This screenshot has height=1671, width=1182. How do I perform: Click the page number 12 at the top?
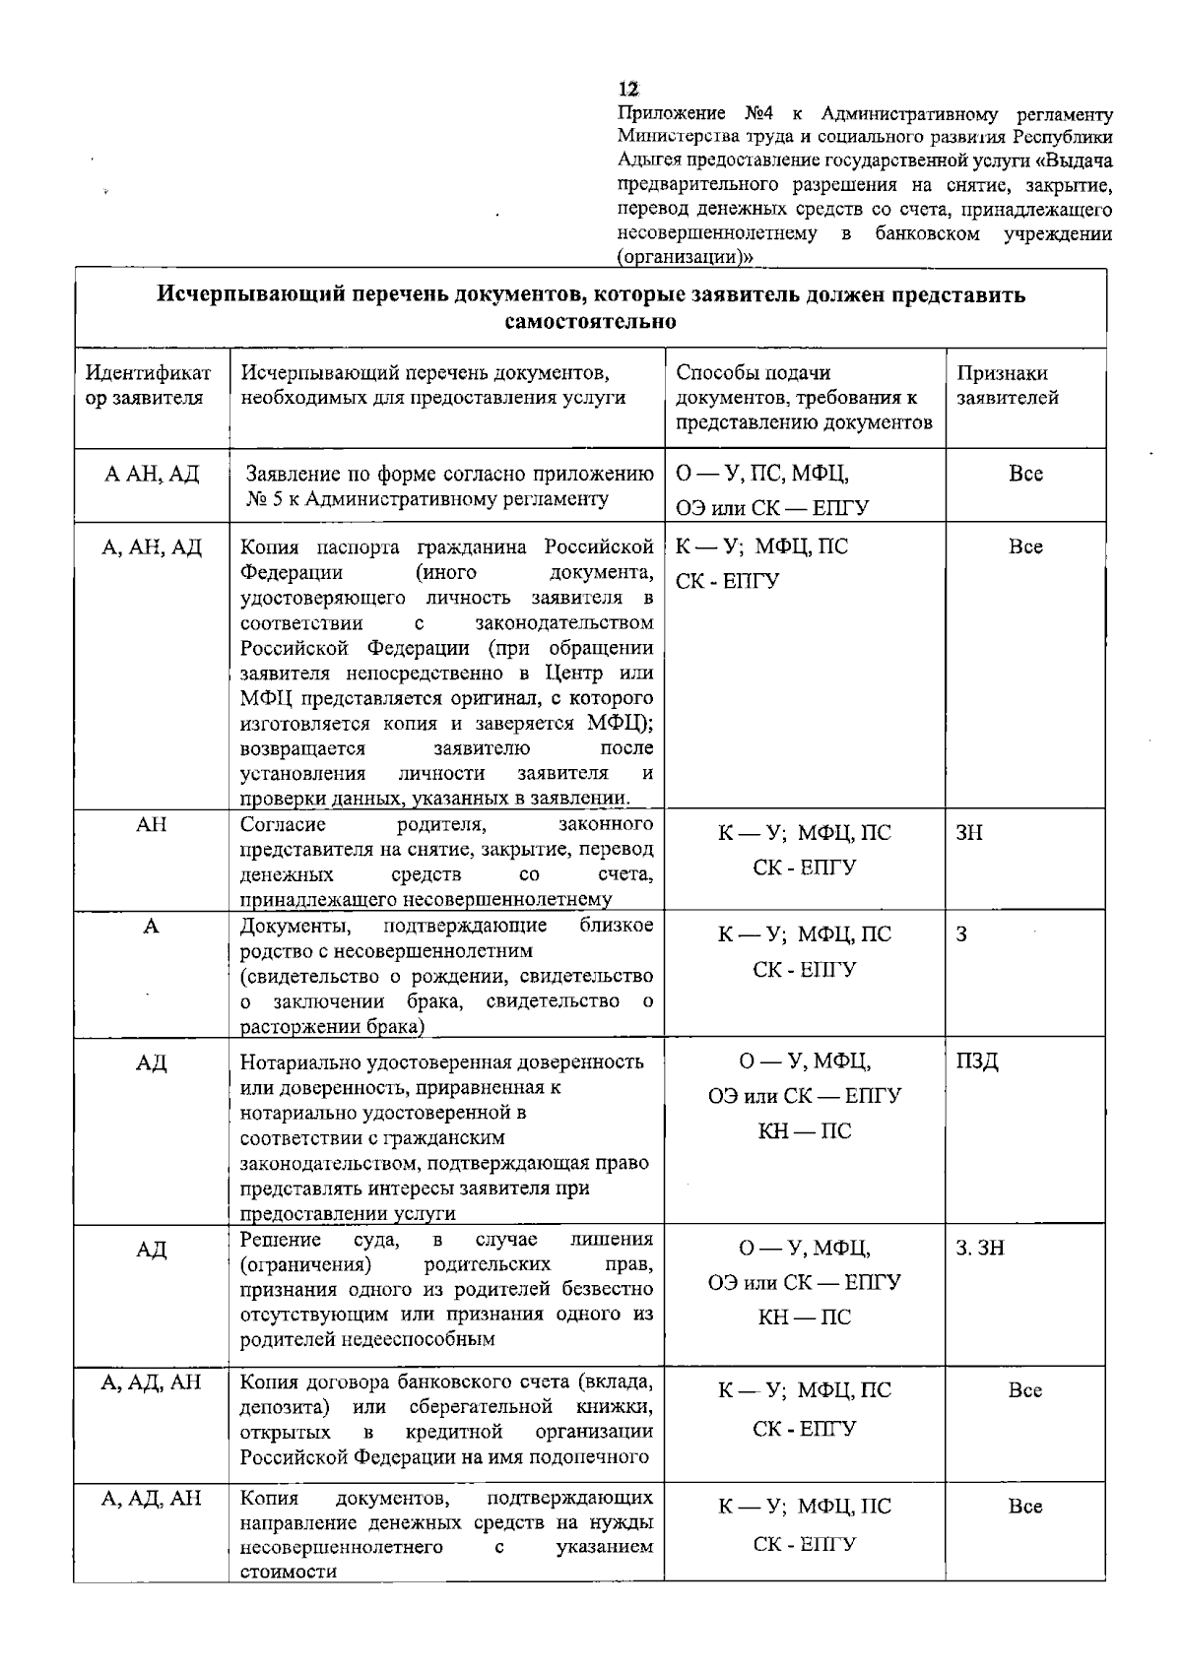pos(628,88)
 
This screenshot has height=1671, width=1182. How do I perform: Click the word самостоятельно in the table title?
pos(590,321)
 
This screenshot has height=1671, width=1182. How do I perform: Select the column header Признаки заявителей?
pos(1003,385)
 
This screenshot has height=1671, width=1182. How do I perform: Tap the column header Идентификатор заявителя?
pos(149,385)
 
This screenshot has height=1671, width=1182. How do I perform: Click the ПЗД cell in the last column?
pos(976,1061)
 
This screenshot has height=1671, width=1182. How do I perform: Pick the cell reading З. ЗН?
pos(980,1248)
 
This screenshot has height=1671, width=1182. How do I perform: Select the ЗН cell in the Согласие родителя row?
pos(969,833)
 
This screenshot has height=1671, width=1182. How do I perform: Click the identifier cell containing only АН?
pos(151,825)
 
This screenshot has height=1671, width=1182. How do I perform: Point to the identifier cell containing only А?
pos(151,927)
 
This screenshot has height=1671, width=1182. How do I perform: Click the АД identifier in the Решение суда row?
pos(151,1250)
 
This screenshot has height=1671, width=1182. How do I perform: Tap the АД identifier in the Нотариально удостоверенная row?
pos(151,1063)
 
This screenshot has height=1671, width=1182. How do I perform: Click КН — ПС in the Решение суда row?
pos(804,1318)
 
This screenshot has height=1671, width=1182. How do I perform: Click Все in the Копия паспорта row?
pos(1025,547)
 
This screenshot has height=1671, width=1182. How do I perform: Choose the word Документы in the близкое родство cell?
pos(296,926)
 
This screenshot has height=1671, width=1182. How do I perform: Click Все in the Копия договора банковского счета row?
pos(1025,1391)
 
